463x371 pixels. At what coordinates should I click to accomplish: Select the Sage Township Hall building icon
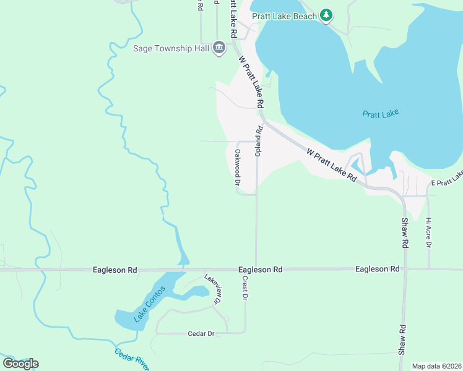coord(219,48)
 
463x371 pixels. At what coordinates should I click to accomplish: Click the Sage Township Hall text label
coord(171,48)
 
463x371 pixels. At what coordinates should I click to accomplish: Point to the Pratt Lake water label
coord(380,114)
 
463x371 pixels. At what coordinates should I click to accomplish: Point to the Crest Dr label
coord(245,288)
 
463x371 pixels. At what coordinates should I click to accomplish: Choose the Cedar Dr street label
coord(201,334)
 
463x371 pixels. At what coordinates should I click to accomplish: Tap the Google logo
coord(20,364)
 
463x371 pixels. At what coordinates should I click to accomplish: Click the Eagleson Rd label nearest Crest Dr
coord(261,270)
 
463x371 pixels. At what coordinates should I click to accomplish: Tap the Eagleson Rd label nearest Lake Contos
coord(115,270)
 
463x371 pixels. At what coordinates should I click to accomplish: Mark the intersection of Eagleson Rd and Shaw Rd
coord(405,269)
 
